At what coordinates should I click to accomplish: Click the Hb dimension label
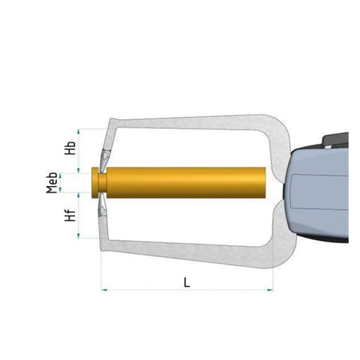[x=70, y=148]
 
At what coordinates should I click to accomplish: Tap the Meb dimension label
[x=52, y=182]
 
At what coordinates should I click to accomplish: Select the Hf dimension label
[x=70, y=215]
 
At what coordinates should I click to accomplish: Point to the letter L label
[x=187, y=282]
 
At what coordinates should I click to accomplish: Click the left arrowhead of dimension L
[x=104, y=290]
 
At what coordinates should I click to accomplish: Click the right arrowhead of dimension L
[x=270, y=290]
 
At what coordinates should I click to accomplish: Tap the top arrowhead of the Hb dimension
[x=79, y=131]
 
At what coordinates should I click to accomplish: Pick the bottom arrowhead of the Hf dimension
[x=79, y=235]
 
